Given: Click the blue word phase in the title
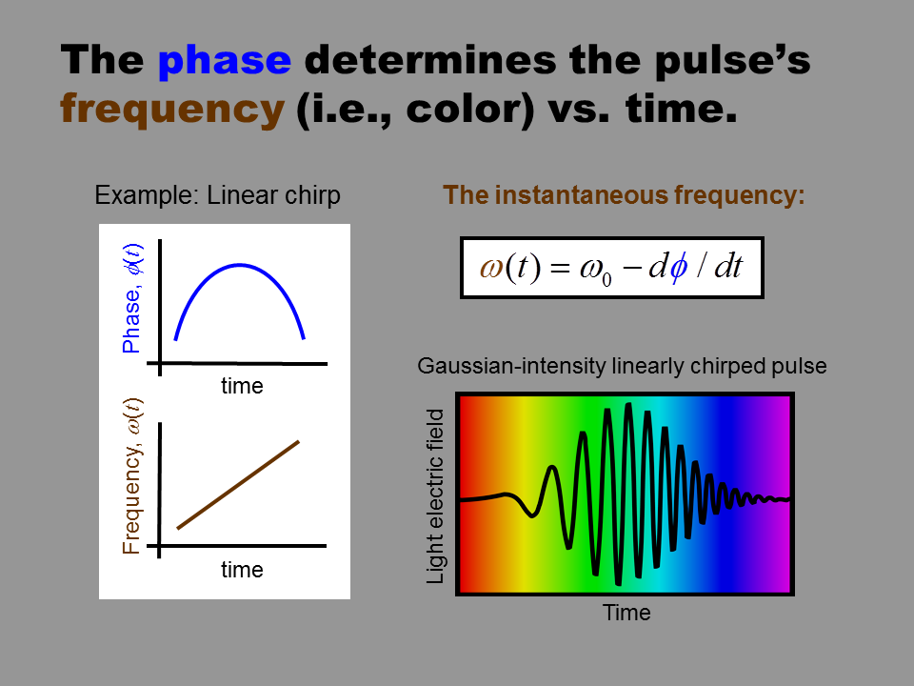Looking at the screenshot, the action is (x=225, y=61).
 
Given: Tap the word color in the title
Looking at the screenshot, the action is (x=462, y=108).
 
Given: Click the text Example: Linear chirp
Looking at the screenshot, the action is (x=217, y=195).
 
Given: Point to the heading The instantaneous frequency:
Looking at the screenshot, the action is (x=624, y=194).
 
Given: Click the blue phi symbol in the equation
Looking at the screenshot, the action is (x=678, y=268).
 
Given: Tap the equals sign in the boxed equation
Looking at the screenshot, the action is (x=560, y=269).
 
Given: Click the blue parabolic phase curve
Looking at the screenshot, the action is (x=240, y=265).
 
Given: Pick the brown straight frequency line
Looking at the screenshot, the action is (x=238, y=485).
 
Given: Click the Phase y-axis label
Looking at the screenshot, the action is (x=132, y=298).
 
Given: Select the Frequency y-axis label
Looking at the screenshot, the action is (x=132, y=476).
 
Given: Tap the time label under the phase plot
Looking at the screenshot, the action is (x=242, y=386).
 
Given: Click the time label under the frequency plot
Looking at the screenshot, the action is (x=242, y=570).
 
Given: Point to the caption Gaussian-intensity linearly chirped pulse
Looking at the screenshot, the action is (x=622, y=366).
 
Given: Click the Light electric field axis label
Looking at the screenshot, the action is (x=435, y=496).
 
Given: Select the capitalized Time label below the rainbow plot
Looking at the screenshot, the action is (x=626, y=613).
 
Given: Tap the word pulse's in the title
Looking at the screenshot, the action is (x=733, y=61).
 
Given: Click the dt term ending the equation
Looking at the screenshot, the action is (x=728, y=267).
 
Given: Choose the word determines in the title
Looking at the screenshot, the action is (x=430, y=59).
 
